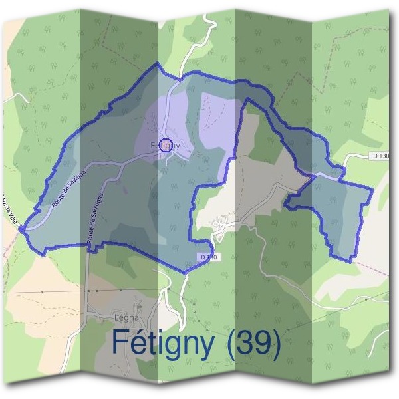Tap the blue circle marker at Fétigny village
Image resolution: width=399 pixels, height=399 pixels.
pyautogui.click(x=167, y=144)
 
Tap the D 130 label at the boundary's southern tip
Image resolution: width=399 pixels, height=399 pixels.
pyautogui.click(x=208, y=257)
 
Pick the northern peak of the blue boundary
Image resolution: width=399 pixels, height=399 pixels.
pyautogui.click(x=157, y=64)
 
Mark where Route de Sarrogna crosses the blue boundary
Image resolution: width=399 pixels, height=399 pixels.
pyautogui.click(x=88, y=245)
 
